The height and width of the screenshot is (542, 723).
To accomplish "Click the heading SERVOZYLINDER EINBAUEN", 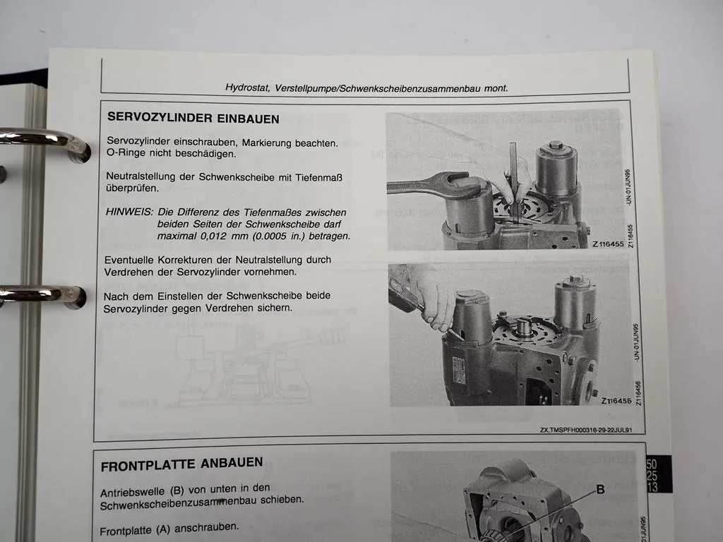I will coord(193,118).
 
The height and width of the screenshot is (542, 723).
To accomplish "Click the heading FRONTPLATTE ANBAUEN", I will coord(181,464).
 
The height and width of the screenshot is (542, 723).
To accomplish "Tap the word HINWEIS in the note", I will coord(129,212).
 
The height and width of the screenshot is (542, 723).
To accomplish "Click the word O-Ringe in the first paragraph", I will coord(126,154).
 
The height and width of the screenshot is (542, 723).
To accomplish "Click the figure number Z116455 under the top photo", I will coord(607,244).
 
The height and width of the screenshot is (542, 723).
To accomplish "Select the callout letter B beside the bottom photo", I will coord(600,489).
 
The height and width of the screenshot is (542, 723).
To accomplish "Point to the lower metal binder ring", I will coord(42,295).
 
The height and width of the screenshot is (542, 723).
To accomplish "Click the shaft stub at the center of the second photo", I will coord(523,326).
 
